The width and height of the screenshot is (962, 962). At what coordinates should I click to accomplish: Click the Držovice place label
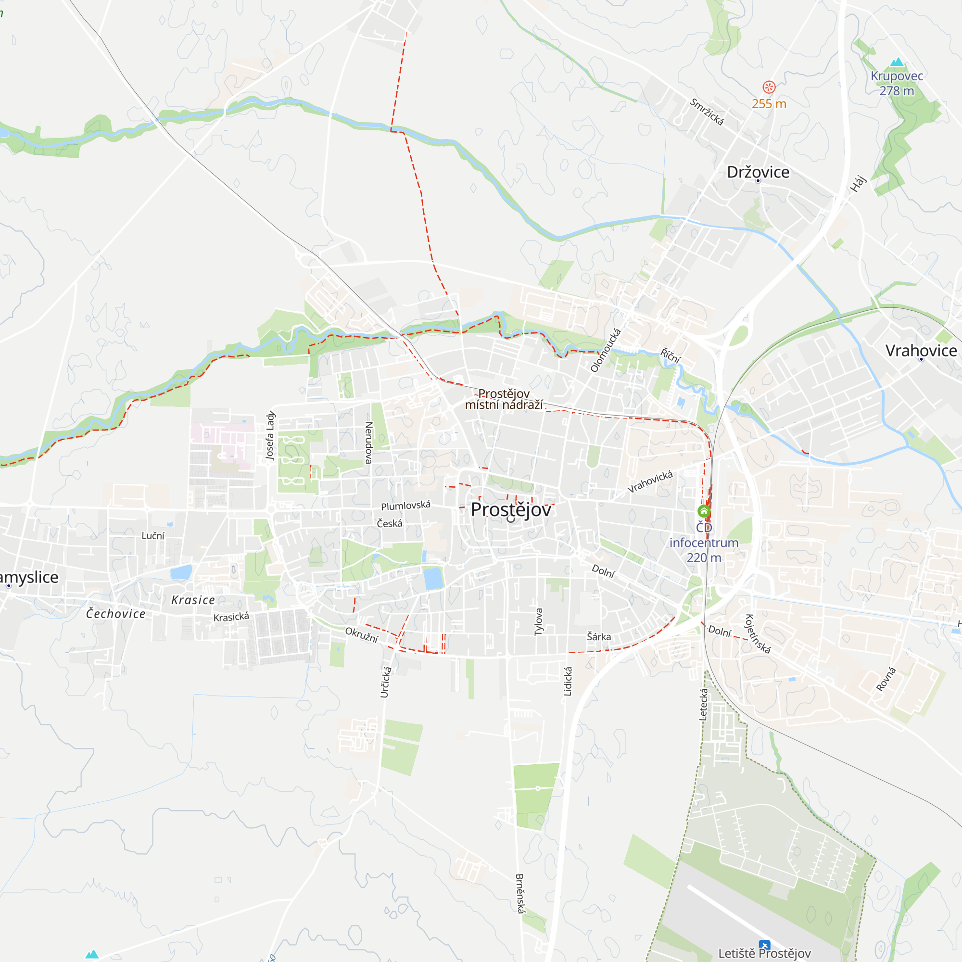click(758, 172)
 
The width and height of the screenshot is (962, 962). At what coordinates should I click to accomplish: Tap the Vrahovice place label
click(921, 351)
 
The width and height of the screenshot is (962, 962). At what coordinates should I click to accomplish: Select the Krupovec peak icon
click(897, 62)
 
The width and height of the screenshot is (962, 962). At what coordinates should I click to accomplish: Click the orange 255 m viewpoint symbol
click(769, 88)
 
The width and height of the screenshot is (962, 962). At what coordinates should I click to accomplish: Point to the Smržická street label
click(707, 112)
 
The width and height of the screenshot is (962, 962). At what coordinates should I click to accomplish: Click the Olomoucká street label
click(606, 350)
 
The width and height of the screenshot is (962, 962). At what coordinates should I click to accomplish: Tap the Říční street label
click(670, 356)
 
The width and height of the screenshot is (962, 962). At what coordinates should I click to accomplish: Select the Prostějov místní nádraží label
click(504, 399)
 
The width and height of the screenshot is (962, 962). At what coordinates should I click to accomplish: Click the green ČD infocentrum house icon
click(704, 511)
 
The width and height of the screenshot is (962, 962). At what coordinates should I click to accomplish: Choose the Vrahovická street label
click(650, 481)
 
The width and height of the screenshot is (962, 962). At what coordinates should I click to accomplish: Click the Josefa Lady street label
click(270, 435)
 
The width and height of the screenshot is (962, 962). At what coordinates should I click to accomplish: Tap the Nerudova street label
click(369, 443)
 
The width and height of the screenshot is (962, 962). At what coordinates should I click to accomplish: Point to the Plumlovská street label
click(405, 506)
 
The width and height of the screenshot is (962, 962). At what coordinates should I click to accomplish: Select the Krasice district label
click(193, 600)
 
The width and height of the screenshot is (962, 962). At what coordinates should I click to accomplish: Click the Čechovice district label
click(116, 614)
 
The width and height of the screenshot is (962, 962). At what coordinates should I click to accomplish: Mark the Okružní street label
click(362, 635)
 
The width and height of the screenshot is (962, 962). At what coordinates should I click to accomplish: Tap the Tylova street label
click(539, 622)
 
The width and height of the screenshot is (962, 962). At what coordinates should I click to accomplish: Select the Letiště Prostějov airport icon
click(764, 945)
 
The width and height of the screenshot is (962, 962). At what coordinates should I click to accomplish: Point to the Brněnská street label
click(520, 893)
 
